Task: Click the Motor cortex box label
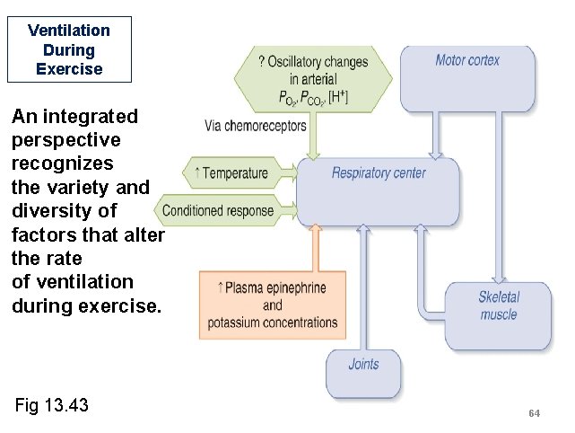(x=467, y=60)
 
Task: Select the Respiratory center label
(x=379, y=172)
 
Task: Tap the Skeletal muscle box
(x=499, y=306)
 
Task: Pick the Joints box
(x=363, y=365)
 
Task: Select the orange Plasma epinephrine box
(x=273, y=305)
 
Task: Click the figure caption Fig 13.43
(x=52, y=405)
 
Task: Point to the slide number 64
(x=534, y=412)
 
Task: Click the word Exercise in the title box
(x=69, y=68)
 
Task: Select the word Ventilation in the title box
(x=69, y=30)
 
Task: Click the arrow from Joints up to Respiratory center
(x=363, y=287)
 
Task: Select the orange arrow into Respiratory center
(x=314, y=247)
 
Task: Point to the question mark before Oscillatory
(x=261, y=62)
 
